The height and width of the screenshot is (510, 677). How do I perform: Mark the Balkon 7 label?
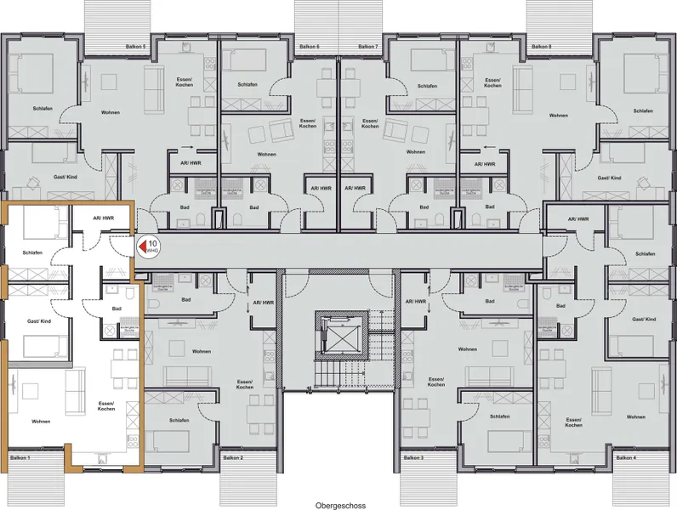pyautogui.click(x=367, y=47)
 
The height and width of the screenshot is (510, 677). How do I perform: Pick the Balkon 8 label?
pyautogui.click(x=541, y=47)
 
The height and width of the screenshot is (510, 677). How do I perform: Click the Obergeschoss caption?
pyautogui.click(x=338, y=504)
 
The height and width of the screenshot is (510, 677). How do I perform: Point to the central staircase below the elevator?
pyautogui.click(x=338, y=374)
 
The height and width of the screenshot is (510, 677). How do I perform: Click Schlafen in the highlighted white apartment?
pyautogui.click(x=32, y=253)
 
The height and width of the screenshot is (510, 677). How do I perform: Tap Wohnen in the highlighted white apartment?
pyautogui.click(x=41, y=421)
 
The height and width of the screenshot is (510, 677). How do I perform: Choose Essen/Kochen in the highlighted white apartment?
pyautogui.click(x=106, y=405)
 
